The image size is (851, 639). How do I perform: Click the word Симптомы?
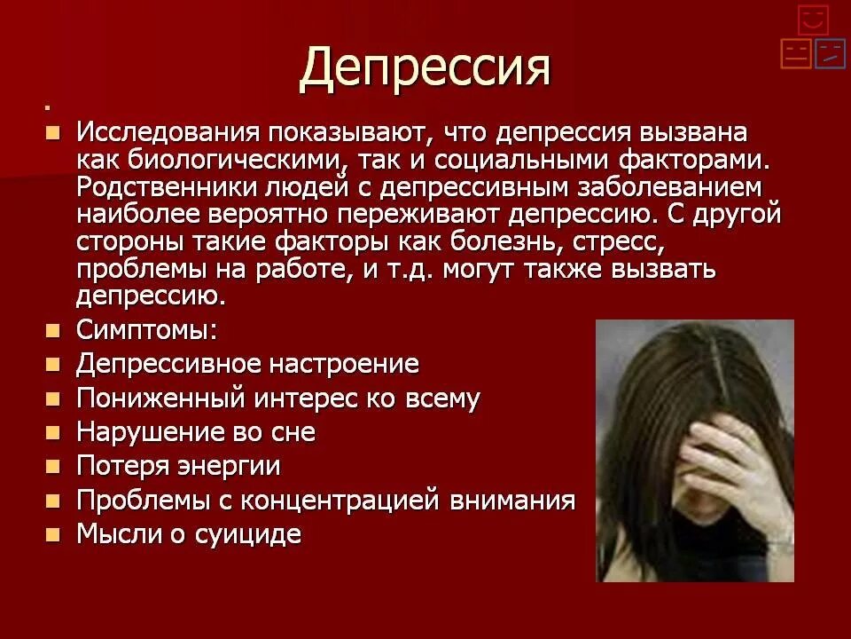146,330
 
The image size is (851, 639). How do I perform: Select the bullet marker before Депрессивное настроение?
54,364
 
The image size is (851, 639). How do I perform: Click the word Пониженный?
160,398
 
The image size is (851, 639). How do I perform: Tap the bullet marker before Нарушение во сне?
54,432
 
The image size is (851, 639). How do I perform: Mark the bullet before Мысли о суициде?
54,534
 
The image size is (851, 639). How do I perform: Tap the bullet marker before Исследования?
54,133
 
